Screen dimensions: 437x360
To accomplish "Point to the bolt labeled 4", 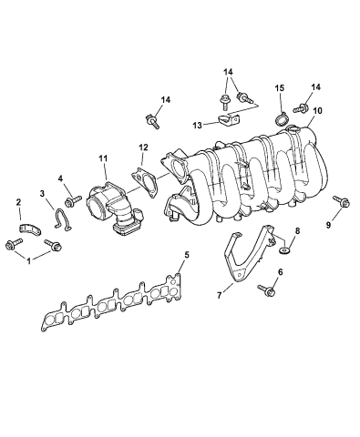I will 72,198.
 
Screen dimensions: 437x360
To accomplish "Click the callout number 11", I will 103,158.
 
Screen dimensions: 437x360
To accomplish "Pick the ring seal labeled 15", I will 282,118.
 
